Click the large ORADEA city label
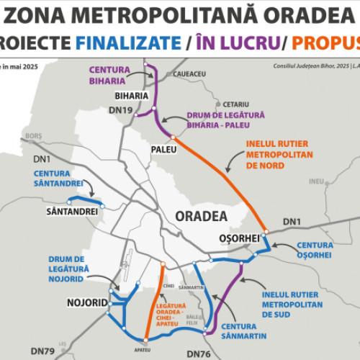click(x=200, y=215)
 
